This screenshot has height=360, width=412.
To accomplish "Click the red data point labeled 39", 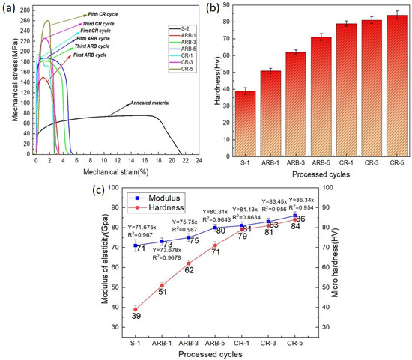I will click(136, 309).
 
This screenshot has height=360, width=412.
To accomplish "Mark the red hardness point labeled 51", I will click(162, 285).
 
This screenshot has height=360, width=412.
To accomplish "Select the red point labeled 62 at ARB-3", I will click(189, 263).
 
